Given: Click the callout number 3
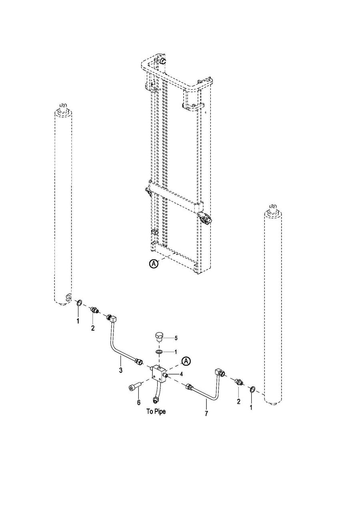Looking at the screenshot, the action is pyautogui.click(x=121, y=370).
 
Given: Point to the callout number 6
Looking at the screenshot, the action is pyautogui.click(x=138, y=402).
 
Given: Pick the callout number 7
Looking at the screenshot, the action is pyautogui.click(x=206, y=413).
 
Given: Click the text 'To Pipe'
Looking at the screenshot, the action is pyautogui.click(x=156, y=411).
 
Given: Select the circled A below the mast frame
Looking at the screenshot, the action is pyautogui.click(x=154, y=264).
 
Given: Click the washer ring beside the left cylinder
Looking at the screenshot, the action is pyautogui.click(x=78, y=303).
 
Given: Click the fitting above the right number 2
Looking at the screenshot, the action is pyautogui.click(x=239, y=382).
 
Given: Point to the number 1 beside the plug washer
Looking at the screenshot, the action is pyautogui.click(x=175, y=352).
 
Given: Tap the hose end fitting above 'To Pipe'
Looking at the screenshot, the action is pyautogui.click(x=156, y=401).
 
